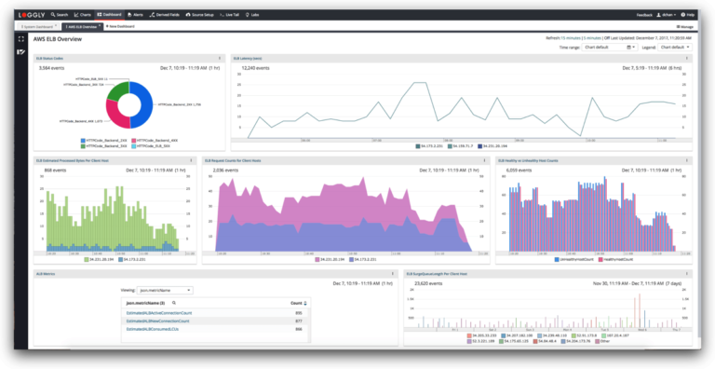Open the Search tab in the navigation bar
coord(61,15)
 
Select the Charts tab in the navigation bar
coord(85,15)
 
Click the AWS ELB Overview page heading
coord(57,39)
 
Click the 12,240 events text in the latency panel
coord(255,68)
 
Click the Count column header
coord(296,303)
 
